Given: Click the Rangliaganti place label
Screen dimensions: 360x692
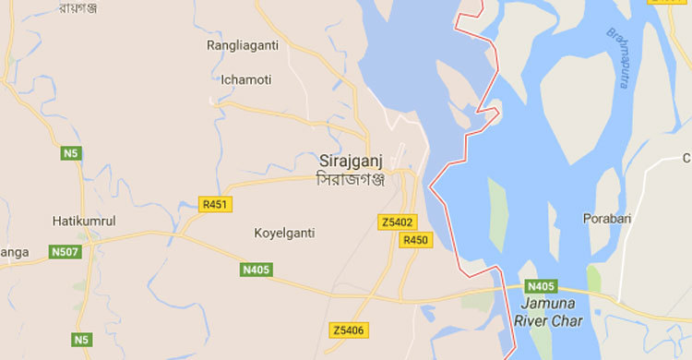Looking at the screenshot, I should click(244, 44).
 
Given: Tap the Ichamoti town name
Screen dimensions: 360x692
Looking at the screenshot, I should click(245, 79).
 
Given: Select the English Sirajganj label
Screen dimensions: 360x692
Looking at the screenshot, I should click(350, 159).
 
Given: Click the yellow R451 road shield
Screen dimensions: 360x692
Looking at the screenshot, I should click(216, 204).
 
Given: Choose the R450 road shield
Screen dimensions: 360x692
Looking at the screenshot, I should click(415, 240).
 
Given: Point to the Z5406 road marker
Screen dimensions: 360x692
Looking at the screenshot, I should click(349, 330).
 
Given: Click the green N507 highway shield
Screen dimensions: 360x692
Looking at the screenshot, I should click(66, 251).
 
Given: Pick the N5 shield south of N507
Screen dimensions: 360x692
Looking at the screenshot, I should click(84, 339).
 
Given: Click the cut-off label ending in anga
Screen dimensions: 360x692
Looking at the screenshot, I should click(14, 251).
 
